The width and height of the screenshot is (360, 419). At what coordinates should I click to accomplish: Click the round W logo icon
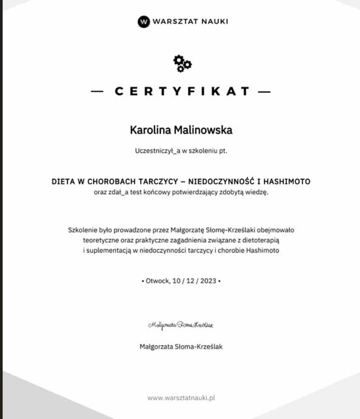(144, 22)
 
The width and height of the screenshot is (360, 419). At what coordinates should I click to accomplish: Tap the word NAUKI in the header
(211, 22)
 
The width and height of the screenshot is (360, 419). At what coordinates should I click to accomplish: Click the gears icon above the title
(182, 63)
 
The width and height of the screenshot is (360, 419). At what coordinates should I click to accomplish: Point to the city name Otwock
(158, 280)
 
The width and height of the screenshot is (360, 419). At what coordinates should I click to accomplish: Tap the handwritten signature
(181, 325)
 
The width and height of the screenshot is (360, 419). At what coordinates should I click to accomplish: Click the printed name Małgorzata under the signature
(158, 346)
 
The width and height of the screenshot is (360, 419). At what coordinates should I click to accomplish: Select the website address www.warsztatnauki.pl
(182, 397)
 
